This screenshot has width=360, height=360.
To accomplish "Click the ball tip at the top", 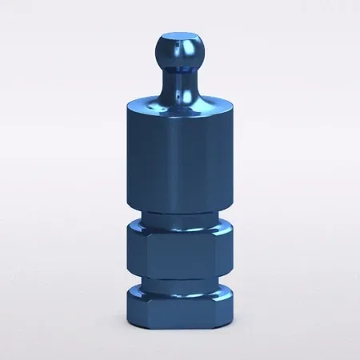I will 179,50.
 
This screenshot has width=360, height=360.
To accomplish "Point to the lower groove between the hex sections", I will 179,282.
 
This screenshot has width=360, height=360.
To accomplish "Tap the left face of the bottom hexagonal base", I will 136,306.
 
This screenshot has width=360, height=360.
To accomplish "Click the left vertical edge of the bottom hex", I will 146,307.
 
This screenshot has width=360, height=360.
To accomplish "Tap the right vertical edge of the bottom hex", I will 214,307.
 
